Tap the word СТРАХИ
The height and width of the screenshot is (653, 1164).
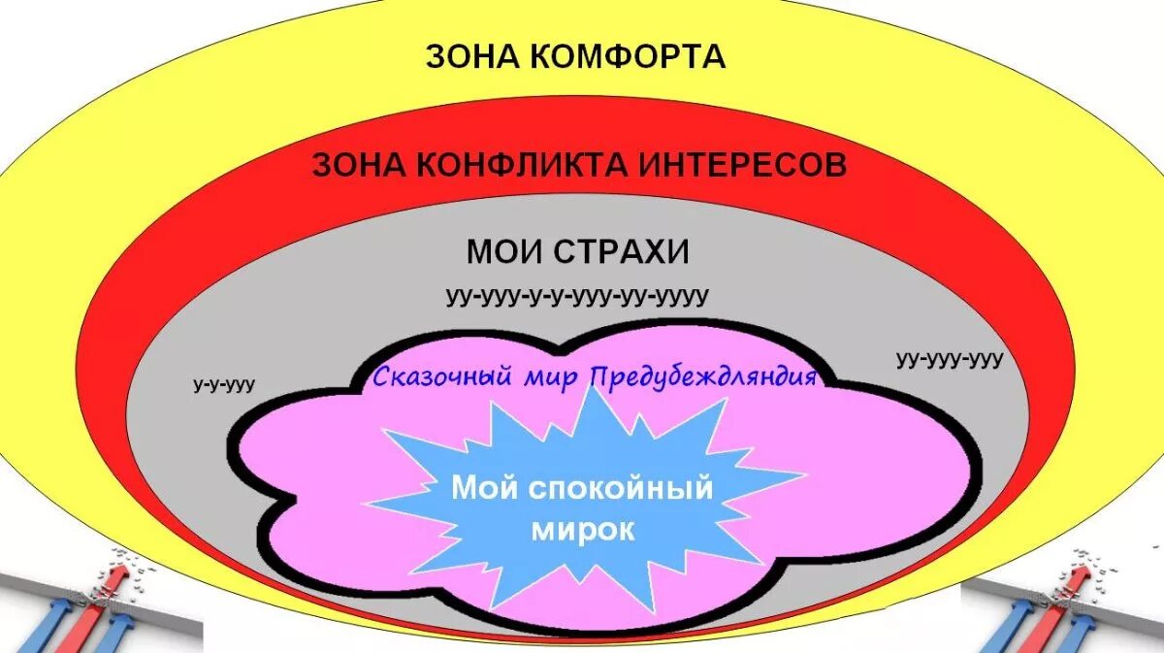pyautogui.click(x=622, y=252)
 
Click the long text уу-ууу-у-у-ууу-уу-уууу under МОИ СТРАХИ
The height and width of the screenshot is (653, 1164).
pyautogui.click(x=577, y=296)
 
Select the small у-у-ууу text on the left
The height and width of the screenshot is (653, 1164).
pyautogui.click(x=224, y=385)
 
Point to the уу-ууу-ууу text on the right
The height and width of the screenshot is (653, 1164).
pyautogui.click(x=950, y=359)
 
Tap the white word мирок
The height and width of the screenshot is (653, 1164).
pyautogui.click(x=582, y=530)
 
